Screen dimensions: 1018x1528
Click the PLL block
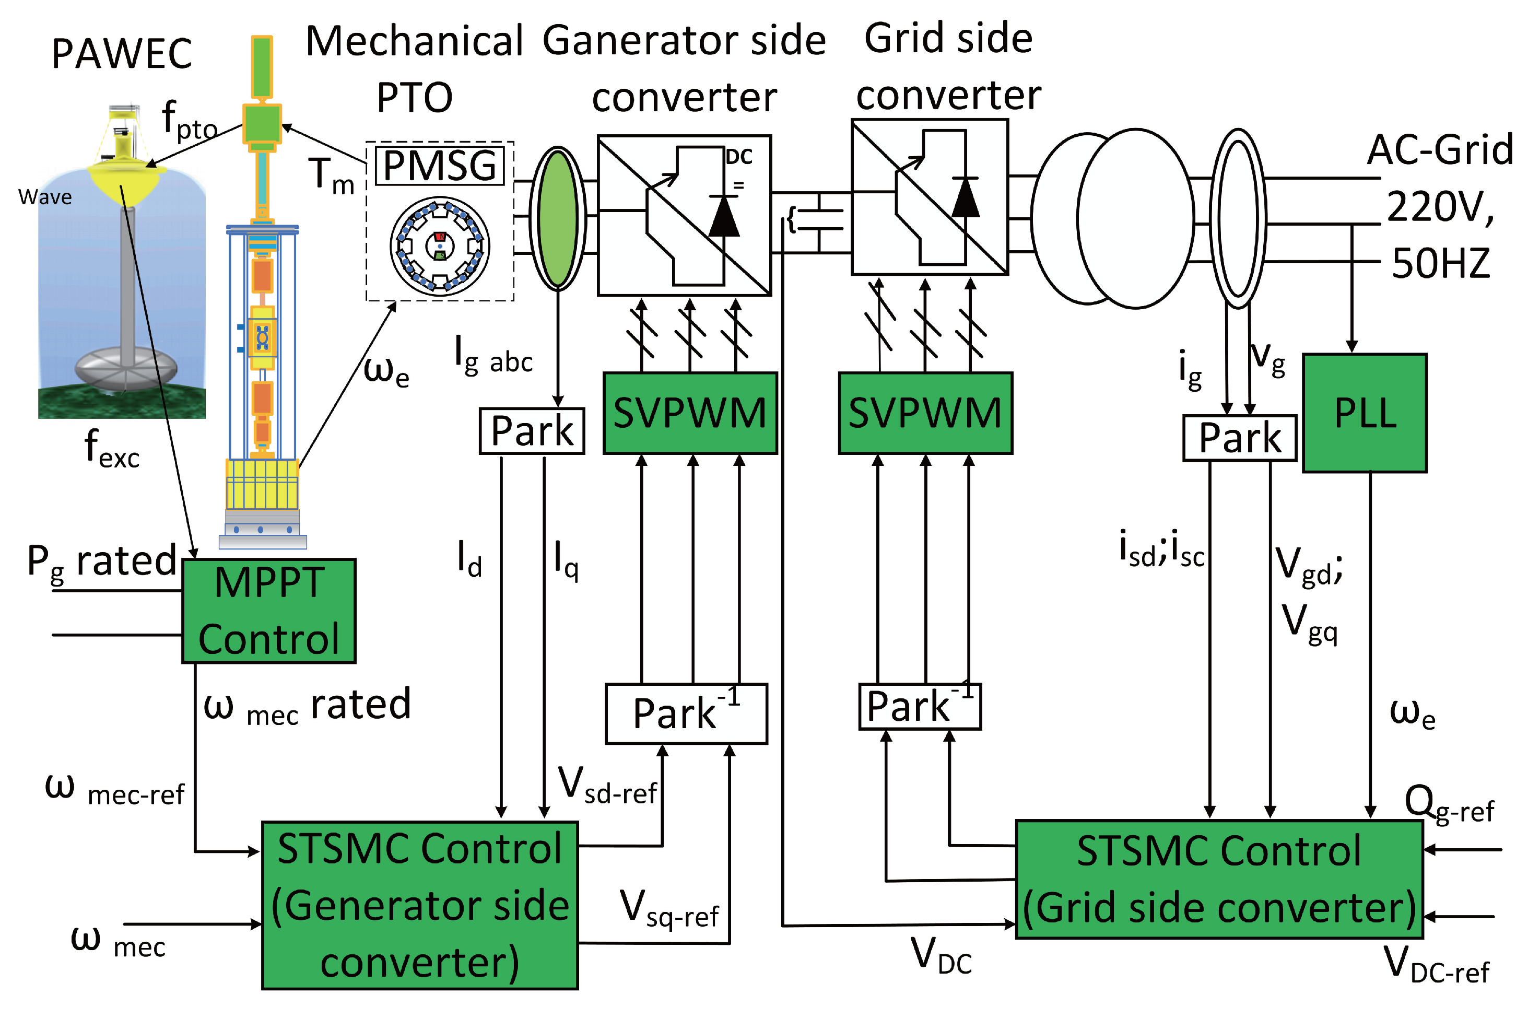(x=1364, y=413)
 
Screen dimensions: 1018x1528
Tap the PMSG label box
(x=440, y=166)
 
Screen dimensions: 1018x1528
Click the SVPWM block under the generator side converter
(x=689, y=413)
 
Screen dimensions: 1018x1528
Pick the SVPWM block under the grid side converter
(x=925, y=413)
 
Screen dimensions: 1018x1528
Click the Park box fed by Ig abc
(x=532, y=431)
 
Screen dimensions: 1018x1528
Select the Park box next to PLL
(x=1239, y=438)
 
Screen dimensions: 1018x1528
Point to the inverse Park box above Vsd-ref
(x=686, y=713)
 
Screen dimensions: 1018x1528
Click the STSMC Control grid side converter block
(x=1218, y=879)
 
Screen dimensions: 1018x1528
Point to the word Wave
(x=45, y=197)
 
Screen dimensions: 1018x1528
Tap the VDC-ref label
(x=1436, y=964)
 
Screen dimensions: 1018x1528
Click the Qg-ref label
(x=1448, y=804)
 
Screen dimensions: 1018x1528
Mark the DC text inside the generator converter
(x=739, y=157)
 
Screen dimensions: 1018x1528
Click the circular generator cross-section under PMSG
(x=440, y=247)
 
